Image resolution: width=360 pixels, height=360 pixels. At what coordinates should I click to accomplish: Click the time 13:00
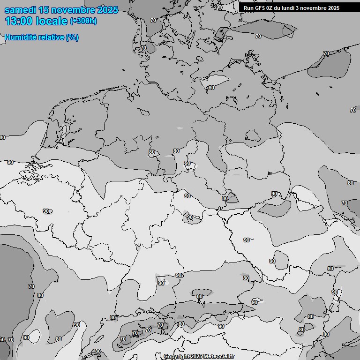19,21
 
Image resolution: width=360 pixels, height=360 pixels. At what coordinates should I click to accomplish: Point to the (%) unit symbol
72,37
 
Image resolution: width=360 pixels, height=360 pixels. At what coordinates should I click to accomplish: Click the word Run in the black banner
248,8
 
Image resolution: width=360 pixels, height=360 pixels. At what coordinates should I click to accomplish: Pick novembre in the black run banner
316,8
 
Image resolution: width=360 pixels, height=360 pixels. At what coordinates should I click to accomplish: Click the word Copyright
176,357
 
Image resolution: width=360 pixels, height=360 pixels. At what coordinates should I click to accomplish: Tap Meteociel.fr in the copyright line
218,357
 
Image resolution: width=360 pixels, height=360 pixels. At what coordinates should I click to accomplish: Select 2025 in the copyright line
196,357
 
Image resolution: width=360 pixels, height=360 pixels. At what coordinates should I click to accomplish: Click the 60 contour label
2,339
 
